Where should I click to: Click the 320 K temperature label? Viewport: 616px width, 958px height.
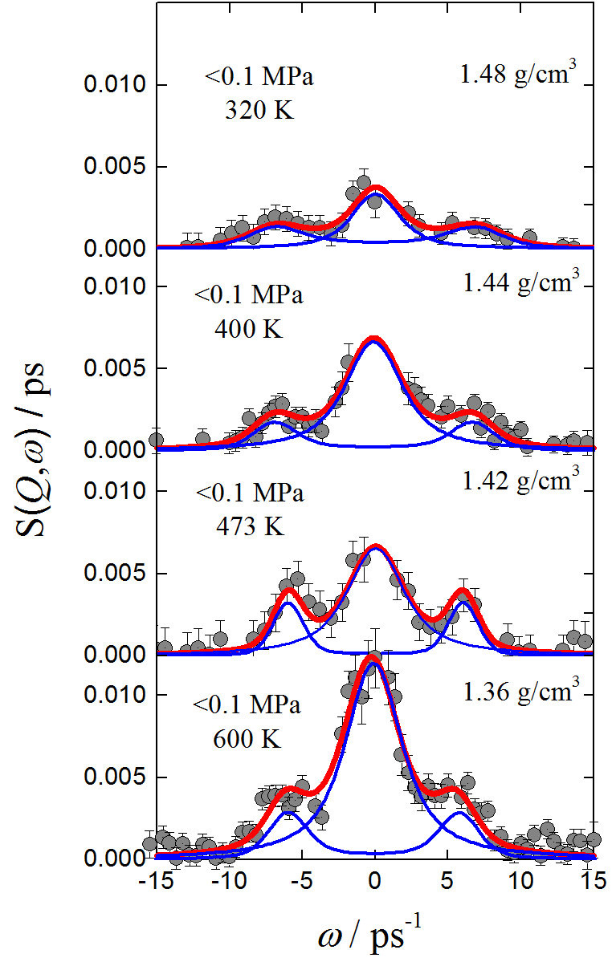(x=259, y=110)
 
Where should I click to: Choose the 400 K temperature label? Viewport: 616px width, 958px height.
(x=249, y=328)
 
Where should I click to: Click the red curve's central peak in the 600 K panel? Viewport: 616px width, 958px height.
(x=372, y=660)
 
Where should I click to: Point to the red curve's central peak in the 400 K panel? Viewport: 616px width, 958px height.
(x=373, y=339)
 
